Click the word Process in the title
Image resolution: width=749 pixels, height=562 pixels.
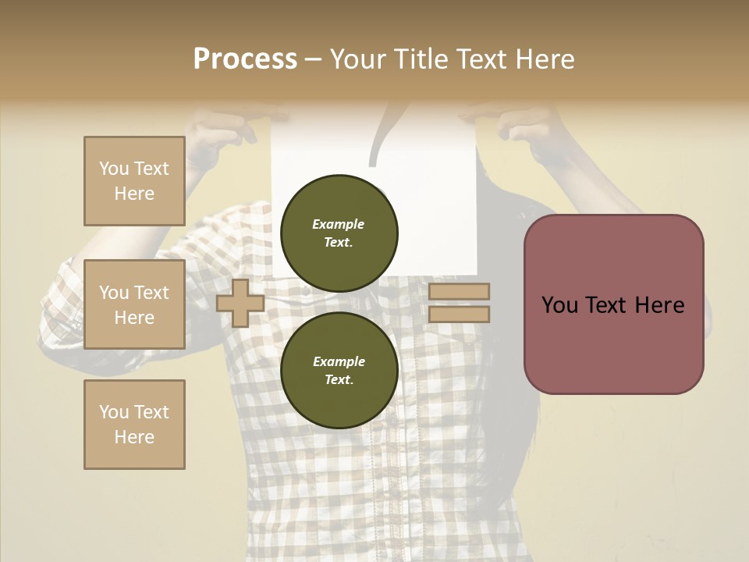(x=245, y=59)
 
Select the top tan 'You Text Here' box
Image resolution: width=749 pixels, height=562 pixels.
(x=134, y=181)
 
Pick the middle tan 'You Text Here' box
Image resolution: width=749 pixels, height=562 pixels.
(x=134, y=304)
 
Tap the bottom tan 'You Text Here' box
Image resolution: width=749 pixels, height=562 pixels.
(x=134, y=425)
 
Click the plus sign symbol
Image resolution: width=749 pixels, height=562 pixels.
(x=240, y=303)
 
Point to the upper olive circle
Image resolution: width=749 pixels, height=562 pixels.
(x=339, y=233)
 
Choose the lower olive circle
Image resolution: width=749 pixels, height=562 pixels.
(x=339, y=371)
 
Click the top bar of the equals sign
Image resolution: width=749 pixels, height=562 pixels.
(x=459, y=292)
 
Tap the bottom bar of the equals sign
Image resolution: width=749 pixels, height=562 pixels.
(x=459, y=315)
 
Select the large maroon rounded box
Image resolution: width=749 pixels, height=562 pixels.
(x=613, y=304)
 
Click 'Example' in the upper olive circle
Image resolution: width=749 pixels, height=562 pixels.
(x=338, y=224)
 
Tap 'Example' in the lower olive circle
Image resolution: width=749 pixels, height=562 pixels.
(x=338, y=361)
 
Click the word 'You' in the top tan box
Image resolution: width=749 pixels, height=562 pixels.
(x=114, y=169)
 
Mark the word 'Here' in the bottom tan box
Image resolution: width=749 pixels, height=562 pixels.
(x=134, y=437)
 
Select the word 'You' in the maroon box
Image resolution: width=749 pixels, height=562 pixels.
(x=559, y=305)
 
